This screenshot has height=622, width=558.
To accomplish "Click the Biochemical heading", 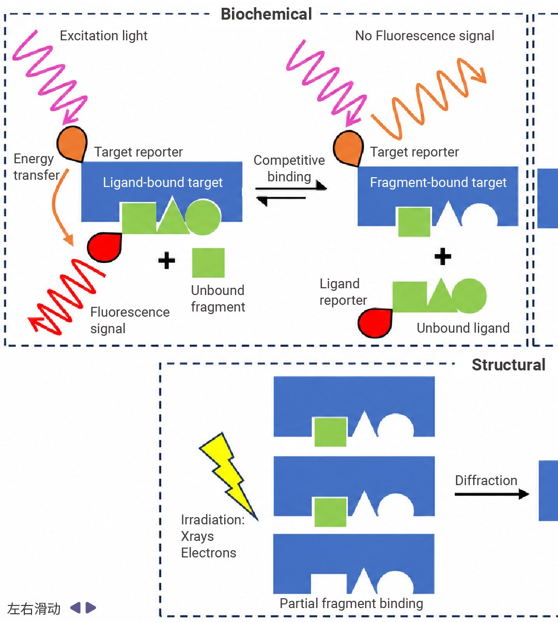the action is tap(266, 14).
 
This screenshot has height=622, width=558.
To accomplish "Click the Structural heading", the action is tap(508, 365).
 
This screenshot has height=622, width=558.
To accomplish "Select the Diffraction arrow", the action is tap(492, 494).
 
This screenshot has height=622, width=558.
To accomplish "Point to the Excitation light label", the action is tap(104, 36).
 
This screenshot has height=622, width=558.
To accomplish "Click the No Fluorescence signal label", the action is tap(425, 36).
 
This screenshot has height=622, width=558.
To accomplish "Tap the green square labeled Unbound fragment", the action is tap(208, 263).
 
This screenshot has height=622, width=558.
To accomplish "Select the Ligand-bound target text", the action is tap(163, 182).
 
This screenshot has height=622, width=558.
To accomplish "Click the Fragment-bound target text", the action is tap(438, 182).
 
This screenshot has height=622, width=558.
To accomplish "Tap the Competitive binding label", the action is tap(289, 168).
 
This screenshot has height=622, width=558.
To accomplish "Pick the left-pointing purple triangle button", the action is tap(75, 608).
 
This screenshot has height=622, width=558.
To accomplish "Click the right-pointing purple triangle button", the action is tap(90, 608).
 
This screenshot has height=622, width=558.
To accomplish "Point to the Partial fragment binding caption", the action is tap(351, 603).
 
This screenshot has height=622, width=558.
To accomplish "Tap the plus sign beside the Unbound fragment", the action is tap(166, 260).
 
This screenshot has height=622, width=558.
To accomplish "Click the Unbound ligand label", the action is tap(463, 328).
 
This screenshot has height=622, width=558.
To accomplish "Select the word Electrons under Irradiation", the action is tap(209, 553).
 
